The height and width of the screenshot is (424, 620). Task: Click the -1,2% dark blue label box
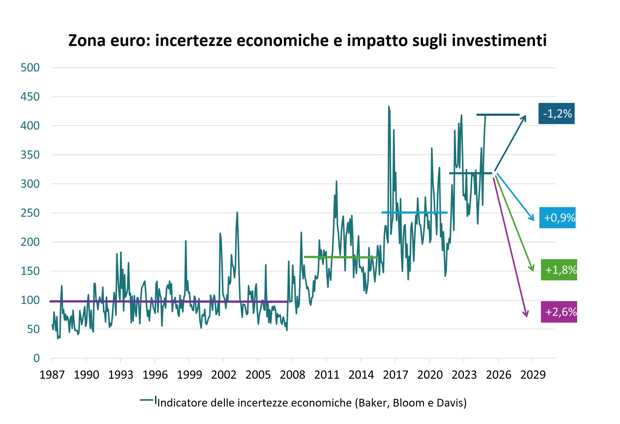556,114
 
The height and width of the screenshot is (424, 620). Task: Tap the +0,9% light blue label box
558,218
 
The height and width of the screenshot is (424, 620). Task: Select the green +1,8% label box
559,270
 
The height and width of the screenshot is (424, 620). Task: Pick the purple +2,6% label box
559,312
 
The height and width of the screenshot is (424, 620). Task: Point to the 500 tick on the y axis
30,68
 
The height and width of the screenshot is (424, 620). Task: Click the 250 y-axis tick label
30,213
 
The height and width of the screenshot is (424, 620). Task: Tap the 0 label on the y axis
36,358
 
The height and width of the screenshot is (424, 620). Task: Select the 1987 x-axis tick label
52,375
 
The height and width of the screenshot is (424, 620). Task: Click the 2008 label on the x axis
293,375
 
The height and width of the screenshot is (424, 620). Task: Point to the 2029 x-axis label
533,375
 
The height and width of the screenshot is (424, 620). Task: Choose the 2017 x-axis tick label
395,375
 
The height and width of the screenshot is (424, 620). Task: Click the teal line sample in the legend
146,400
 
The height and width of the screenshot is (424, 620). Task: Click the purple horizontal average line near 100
169,302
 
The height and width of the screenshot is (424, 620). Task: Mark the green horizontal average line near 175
340,257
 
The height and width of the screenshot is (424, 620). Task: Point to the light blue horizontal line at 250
414,213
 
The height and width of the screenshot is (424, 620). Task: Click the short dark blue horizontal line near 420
498,115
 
